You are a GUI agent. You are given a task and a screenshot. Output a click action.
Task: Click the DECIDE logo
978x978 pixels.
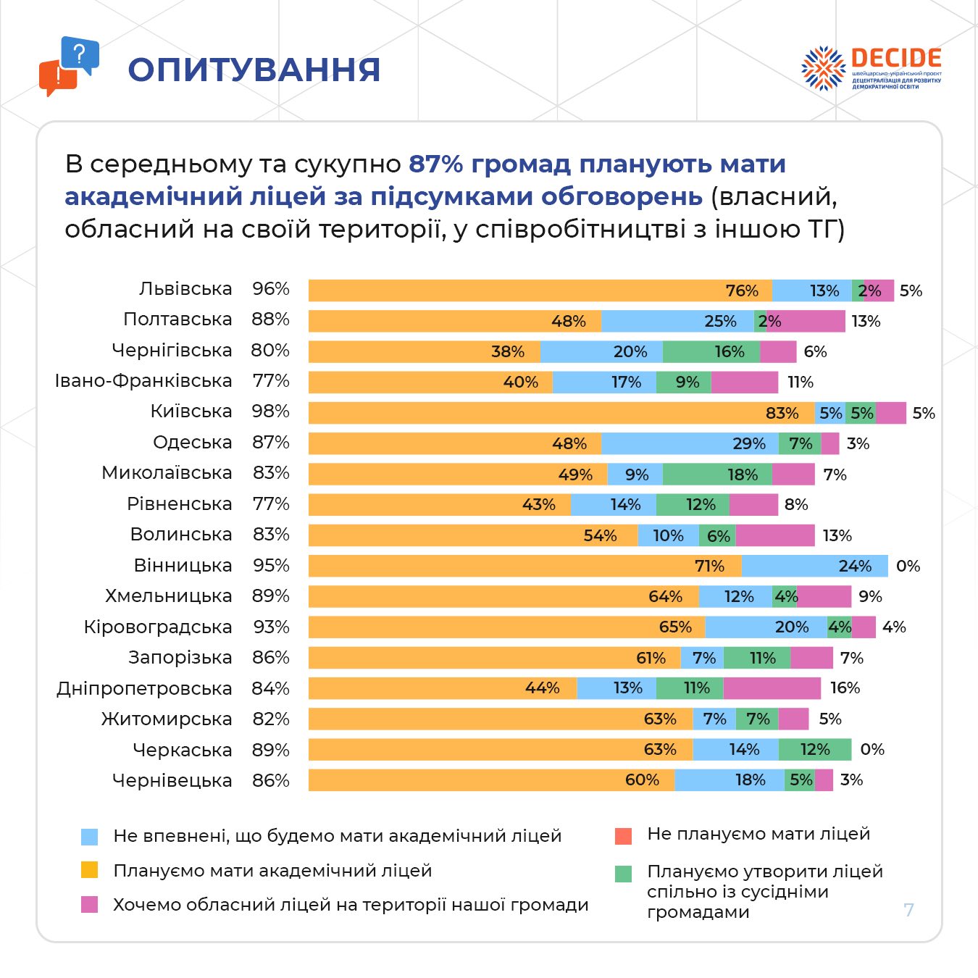[871, 68]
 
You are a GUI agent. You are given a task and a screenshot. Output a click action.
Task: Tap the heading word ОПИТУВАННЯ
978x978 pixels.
[254, 70]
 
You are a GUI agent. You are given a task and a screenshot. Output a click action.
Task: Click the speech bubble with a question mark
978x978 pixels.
[80, 54]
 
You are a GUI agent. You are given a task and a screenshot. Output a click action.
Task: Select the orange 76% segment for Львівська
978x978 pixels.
[540, 291]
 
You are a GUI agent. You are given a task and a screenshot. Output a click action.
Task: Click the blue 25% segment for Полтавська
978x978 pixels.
[677, 321]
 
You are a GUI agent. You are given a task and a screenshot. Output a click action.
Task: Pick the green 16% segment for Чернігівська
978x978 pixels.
[711, 351]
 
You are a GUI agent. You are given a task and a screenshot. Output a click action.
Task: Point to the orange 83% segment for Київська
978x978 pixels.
[561, 413]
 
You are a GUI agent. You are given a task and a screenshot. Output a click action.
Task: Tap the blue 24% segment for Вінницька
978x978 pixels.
[814, 566]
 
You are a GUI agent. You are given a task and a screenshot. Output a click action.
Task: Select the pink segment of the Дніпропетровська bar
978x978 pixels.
[772, 688]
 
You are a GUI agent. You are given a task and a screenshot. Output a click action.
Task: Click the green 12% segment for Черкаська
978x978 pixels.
[815, 750]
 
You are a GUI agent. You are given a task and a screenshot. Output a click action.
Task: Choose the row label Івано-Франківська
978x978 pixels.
[143, 381]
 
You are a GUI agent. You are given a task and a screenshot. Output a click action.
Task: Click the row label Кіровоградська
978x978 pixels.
[158, 627]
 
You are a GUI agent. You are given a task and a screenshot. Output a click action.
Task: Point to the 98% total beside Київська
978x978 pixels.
[271, 411]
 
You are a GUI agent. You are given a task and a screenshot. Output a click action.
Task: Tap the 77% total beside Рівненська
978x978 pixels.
[271, 503]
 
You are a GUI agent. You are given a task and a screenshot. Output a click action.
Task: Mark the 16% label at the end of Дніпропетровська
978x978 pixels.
[845, 688]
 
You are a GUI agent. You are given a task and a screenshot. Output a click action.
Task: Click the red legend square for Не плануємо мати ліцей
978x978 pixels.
[623, 836]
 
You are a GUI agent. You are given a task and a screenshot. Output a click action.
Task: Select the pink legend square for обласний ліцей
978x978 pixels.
[89, 904]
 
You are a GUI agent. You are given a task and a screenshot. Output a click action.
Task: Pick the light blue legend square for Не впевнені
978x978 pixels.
[89, 837]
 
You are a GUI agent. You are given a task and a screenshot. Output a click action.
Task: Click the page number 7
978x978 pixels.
[909, 910]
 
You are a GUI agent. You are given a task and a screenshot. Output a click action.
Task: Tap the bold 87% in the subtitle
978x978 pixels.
[436, 164]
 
